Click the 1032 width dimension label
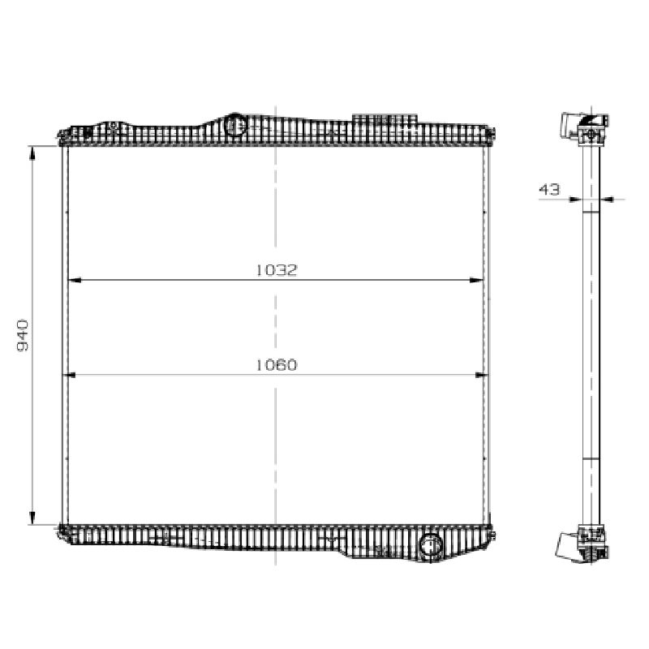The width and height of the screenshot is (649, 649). [x=277, y=270]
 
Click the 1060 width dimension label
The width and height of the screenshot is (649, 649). [x=277, y=365]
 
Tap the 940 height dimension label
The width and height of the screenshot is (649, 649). [x=23, y=335]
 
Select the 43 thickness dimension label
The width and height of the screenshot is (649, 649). [x=549, y=190]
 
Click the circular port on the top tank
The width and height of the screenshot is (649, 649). [x=235, y=124]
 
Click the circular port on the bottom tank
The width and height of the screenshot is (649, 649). [x=431, y=545]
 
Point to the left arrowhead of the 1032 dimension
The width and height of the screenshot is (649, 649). [x=74, y=280]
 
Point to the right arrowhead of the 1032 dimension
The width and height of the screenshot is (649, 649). [x=477, y=280]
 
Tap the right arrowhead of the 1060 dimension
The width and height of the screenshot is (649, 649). [x=482, y=375]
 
